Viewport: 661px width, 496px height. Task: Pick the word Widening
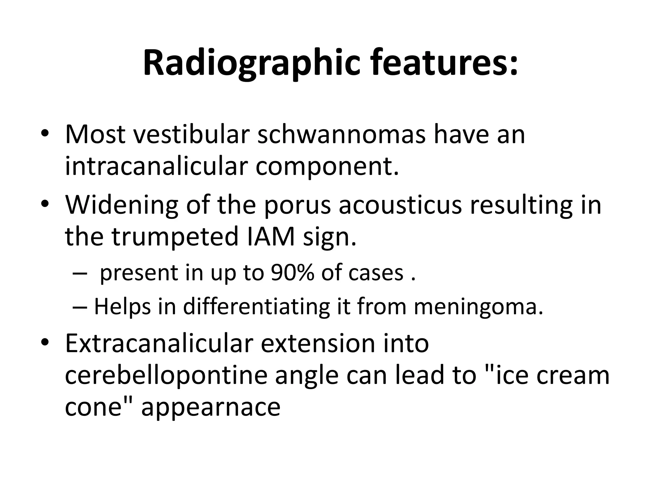(122, 205)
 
